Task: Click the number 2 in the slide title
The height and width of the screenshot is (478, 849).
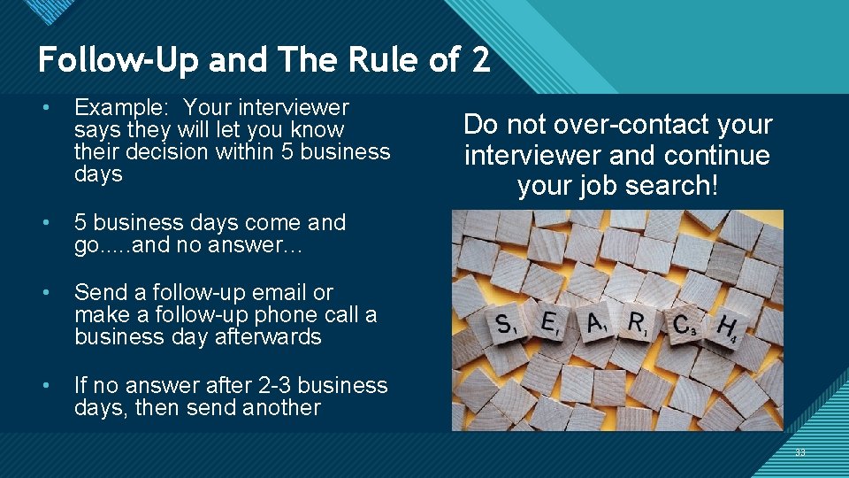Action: pyautogui.click(x=479, y=60)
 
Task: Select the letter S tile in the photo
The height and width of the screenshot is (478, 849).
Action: pyautogui.click(x=506, y=326)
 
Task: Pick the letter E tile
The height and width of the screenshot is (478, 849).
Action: pyautogui.click(x=550, y=325)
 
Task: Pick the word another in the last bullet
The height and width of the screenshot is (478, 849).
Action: pyautogui.click(x=280, y=407)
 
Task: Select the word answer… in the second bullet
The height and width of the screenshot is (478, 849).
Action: pyautogui.click(x=265, y=244)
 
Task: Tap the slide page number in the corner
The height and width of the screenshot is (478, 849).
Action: pyautogui.click(x=800, y=452)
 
